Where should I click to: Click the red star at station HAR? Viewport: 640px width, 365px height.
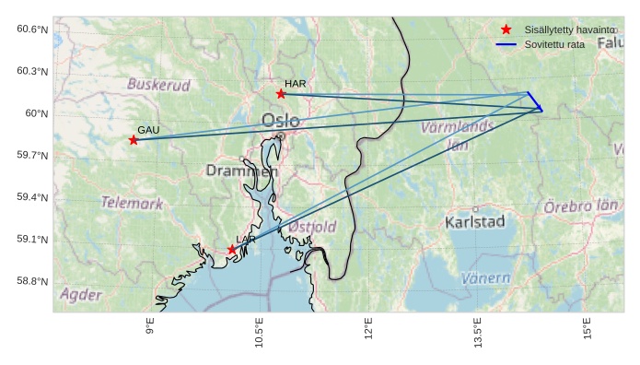coord(281,94)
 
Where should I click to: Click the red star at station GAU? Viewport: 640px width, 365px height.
coord(134,140)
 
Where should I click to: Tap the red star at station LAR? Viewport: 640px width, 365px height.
coord(232,249)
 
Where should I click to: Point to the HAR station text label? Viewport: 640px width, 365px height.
coord(295,84)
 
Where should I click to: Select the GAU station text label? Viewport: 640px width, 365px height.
coord(148,130)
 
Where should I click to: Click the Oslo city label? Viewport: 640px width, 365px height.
coord(280,121)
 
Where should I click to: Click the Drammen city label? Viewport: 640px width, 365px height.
coord(241,171)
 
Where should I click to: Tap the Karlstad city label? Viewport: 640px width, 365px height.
coord(474,222)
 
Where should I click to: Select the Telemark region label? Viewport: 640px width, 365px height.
coord(132,203)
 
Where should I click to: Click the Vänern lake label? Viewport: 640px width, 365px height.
coord(485,277)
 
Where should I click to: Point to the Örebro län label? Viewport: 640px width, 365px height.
coord(579,206)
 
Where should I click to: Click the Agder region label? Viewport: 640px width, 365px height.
coord(81,295)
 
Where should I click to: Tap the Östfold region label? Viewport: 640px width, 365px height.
coord(312,226)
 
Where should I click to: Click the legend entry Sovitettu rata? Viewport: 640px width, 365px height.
coord(554,44)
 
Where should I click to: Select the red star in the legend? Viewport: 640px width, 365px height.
coord(506,29)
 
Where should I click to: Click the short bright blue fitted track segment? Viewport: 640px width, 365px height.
coord(535,101)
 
